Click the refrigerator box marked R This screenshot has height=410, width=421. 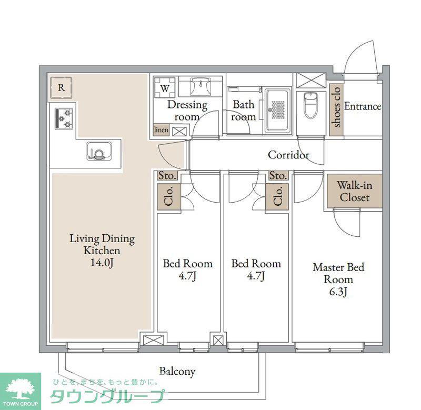pos(62,88)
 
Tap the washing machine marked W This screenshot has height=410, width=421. pos(165,88)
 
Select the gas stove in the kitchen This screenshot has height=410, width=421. pos(64,118)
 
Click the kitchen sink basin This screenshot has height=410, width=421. pos(99,152)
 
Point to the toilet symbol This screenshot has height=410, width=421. pos(311,105)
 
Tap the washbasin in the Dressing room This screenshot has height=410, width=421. pos(201,86)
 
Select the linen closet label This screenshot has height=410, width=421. pos(161,130)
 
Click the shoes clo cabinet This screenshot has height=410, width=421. pos(336,109)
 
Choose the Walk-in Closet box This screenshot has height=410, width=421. pos(354,191)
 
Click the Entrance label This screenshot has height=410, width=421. pos(363,106)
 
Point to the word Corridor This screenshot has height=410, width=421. pos(288,155)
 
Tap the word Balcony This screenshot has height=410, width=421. pos(177,372)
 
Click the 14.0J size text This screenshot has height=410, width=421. pos(102,263)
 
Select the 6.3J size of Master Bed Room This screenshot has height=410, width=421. pos(338,292)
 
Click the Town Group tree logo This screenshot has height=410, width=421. pos(21,388)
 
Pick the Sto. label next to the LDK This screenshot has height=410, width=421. pos(167,176)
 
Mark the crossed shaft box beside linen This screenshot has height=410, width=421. pos(179,132)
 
